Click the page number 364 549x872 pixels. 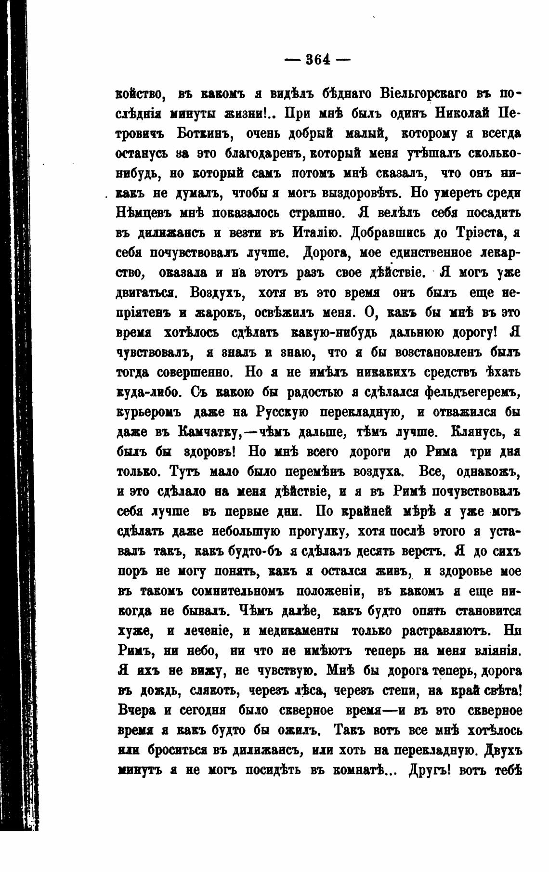[x=317, y=60]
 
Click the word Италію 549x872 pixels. [x=315, y=233]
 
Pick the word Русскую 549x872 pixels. [x=281, y=412]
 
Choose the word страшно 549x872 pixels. [x=318, y=213]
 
